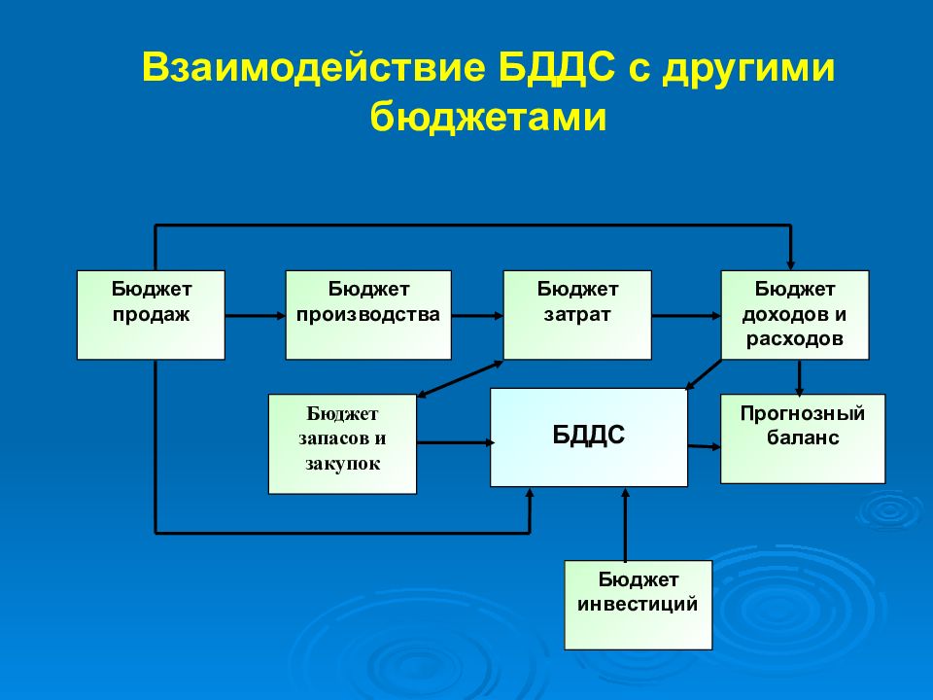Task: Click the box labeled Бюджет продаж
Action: point(151,315)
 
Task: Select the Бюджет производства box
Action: point(367,315)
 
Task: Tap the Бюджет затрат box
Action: point(577,315)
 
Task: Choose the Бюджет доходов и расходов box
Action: point(794,315)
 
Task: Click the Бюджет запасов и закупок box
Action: point(342,443)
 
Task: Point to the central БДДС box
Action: point(589,437)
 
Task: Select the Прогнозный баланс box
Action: point(802,438)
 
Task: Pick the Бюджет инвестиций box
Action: point(638,605)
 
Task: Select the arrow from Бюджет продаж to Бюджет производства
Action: point(255,315)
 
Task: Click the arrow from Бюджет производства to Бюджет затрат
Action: point(476,315)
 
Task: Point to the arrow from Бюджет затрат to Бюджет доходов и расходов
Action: point(685,315)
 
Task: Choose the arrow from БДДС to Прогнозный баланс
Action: point(704,446)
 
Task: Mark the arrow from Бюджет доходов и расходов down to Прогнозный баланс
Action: point(799,376)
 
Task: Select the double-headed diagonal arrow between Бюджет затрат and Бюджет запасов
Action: point(459,378)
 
